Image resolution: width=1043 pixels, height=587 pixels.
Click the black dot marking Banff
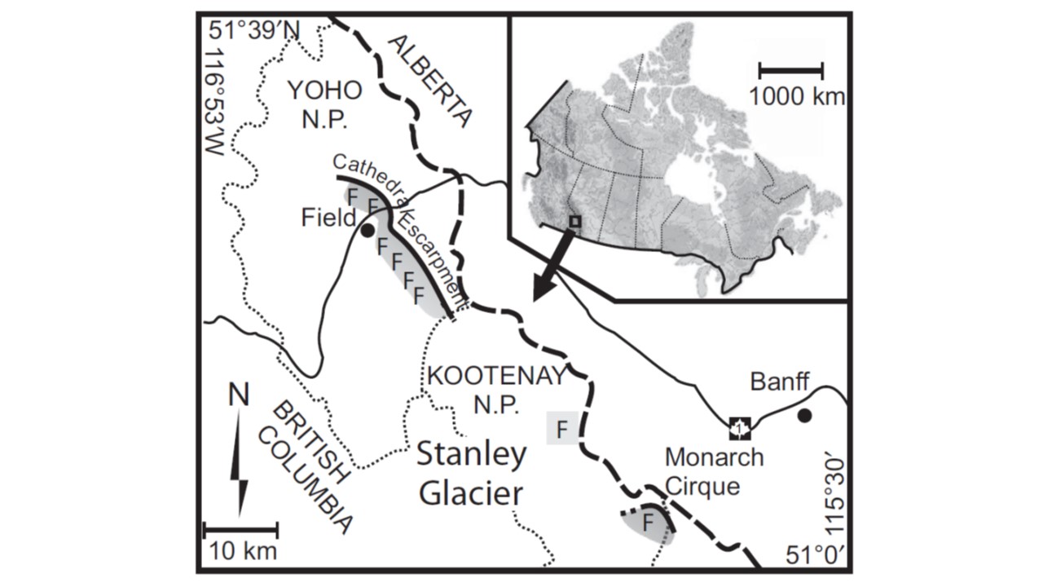point(804,416)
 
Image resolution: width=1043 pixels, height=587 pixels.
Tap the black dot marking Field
point(367,231)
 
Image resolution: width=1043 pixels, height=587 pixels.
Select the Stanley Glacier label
point(471,474)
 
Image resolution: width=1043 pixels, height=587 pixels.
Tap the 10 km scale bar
point(240,529)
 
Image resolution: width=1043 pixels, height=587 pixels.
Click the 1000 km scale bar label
point(797,97)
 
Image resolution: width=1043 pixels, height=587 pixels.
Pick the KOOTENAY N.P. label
point(495,391)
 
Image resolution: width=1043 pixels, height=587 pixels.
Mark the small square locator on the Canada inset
point(575,221)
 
